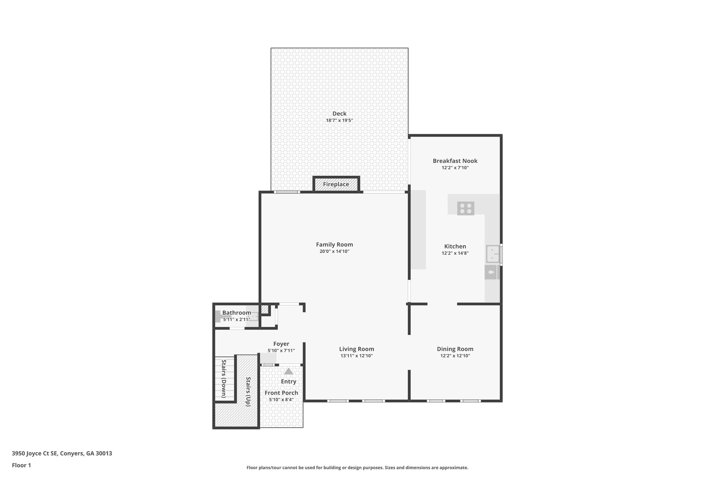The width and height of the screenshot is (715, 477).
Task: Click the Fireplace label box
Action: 336,184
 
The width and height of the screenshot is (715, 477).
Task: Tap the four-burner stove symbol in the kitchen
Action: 465,208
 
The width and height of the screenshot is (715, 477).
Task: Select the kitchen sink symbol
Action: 492,254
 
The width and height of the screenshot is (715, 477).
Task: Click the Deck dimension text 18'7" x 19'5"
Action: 339,121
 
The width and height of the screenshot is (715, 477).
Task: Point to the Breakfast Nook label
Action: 455,161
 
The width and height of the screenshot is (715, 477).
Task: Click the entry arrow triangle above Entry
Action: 288,371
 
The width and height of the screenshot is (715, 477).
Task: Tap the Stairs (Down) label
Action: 224,378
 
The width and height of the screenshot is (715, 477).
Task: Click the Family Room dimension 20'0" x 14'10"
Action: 334,251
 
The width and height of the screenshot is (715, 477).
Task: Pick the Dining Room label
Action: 455,349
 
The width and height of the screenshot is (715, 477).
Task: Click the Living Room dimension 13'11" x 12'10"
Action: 356,356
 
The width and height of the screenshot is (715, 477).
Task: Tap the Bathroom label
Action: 236,313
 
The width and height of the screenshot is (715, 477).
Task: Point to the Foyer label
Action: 281,344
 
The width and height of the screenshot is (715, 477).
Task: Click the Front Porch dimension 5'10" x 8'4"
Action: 281,400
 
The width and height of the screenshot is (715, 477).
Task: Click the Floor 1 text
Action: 21,465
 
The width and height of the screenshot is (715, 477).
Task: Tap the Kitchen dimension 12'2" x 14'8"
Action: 455,253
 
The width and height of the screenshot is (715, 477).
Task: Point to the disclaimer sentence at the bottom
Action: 357,468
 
